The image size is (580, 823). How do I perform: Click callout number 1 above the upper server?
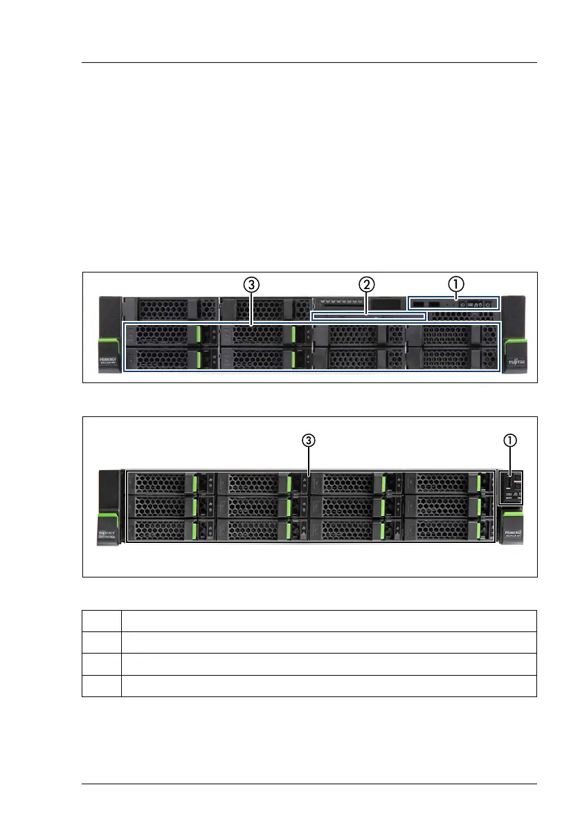pyautogui.click(x=455, y=283)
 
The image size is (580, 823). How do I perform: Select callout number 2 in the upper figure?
pyautogui.click(x=366, y=283)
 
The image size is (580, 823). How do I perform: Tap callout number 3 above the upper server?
pyautogui.click(x=251, y=283)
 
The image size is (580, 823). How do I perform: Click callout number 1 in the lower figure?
pyautogui.click(x=509, y=439)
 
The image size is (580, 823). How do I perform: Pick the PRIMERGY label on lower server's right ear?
pyautogui.click(x=513, y=533)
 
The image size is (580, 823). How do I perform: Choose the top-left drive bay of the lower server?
pyautogui.click(x=170, y=483)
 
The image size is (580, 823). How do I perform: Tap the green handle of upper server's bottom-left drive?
pyautogui.click(x=201, y=359)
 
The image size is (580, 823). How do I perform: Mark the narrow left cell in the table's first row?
pyautogui.click(x=102, y=620)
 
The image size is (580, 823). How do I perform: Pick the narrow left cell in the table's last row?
pyautogui.click(x=102, y=685)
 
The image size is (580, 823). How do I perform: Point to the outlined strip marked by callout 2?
pyautogui.click(x=368, y=316)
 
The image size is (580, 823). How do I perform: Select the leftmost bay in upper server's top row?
pyautogui.click(x=170, y=308)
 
